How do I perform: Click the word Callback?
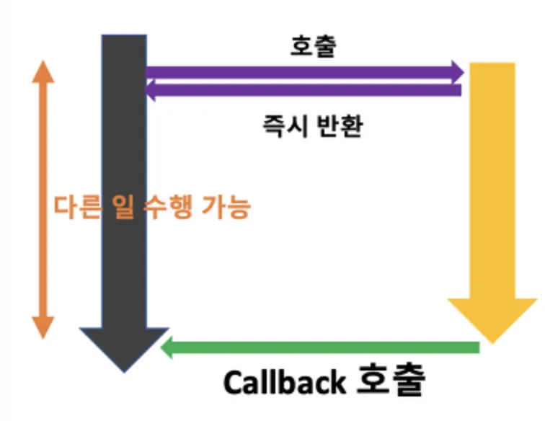tap(285, 381)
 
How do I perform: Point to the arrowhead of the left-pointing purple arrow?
tap(151, 89)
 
